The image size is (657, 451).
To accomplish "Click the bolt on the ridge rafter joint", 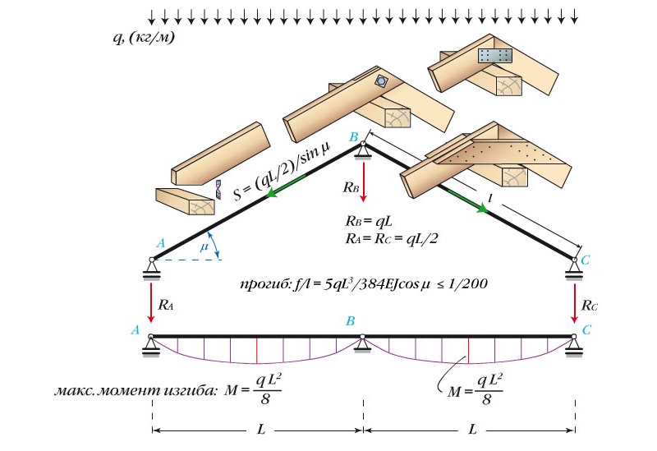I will [x=381, y=82].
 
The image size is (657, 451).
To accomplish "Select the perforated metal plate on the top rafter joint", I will [x=495, y=56].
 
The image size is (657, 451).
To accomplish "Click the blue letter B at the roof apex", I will [x=356, y=140].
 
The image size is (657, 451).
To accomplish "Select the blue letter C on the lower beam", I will [x=586, y=329].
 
